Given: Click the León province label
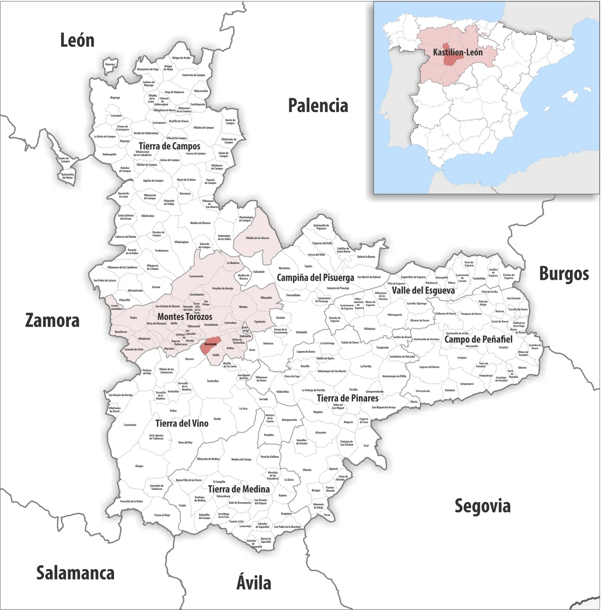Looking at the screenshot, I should click(x=77, y=41).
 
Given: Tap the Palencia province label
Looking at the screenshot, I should click(x=318, y=106).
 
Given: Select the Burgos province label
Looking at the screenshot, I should click(x=563, y=274).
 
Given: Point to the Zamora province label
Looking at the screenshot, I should click(x=52, y=321).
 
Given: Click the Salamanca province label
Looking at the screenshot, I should click(x=76, y=573).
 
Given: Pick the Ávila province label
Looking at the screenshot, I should click(x=254, y=583).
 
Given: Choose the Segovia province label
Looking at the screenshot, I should click(x=482, y=506).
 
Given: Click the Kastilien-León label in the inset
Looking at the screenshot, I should click(x=457, y=53).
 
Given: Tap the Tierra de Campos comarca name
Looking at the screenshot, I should click(x=170, y=146).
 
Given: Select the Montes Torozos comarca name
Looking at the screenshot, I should click(x=185, y=317).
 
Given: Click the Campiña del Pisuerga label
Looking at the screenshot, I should click(x=315, y=278).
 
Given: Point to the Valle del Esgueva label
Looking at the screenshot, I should click(x=423, y=290).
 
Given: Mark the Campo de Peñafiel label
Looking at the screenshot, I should click(x=478, y=339).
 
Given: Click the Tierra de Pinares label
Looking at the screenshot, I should click(x=347, y=398).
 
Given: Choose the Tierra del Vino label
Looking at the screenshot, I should click(x=182, y=424).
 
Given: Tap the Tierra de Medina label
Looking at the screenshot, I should click(x=239, y=489).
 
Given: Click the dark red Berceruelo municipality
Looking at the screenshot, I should click(x=211, y=344).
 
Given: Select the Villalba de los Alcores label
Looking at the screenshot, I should click(x=257, y=238).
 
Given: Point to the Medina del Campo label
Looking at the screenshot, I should click(x=241, y=459).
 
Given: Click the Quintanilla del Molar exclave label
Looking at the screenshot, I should click(x=67, y=176).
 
